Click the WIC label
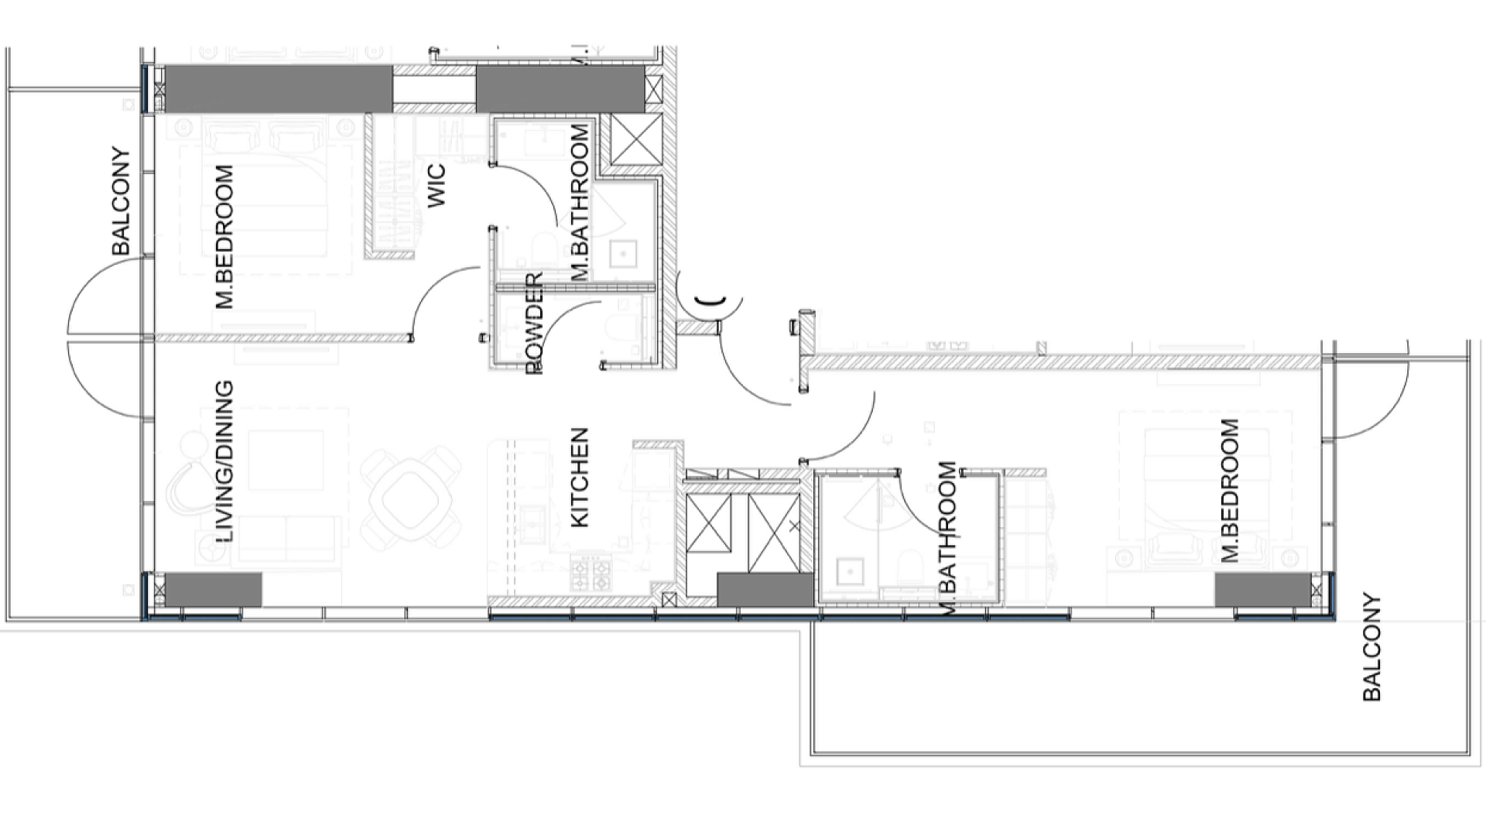click(x=437, y=185)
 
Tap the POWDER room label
click(x=535, y=324)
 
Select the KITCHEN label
click(x=580, y=478)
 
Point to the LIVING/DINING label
click(x=224, y=461)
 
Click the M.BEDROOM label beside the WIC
click(x=224, y=236)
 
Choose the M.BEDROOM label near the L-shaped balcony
click(x=1230, y=490)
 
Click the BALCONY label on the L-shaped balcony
click(x=1371, y=647)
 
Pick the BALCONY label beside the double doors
click(x=122, y=201)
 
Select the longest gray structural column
click(x=278, y=89)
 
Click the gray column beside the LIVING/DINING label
click(x=214, y=589)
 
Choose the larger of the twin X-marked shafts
click(x=775, y=533)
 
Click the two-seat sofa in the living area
click(x=287, y=538)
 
